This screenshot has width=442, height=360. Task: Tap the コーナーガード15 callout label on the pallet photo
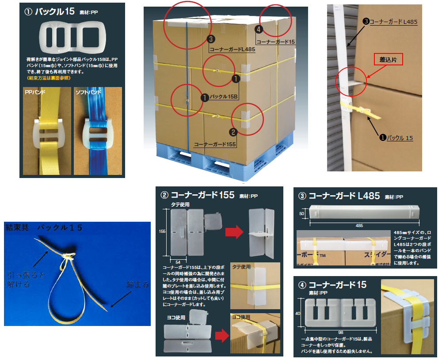(x=275, y=41)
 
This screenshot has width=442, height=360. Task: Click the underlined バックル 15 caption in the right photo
(x=400, y=138)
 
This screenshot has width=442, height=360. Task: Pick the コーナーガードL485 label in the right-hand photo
(x=393, y=21)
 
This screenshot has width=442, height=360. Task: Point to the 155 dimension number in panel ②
(x=163, y=231)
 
